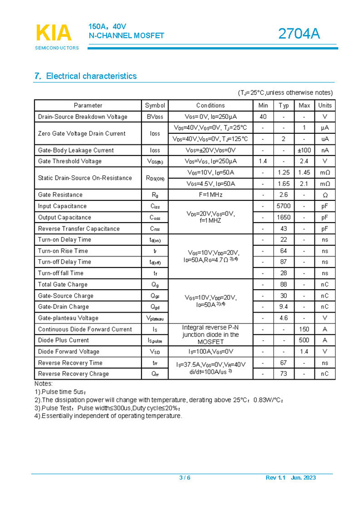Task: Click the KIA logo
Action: pyautogui.click(x=54, y=33)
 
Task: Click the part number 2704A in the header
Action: pyautogui.click(x=299, y=34)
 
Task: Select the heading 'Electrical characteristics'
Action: pyautogui.click(x=90, y=76)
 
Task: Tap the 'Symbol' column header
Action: pyautogui.click(x=155, y=105)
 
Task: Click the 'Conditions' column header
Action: pyautogui.click(x=210, y=105)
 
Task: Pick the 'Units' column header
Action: pyautogui.click(x=325, y=105)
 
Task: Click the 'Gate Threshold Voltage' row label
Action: pyautogui.click(x=70, y=162)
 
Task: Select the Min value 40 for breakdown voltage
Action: pyautogui.click(x=263, y=117)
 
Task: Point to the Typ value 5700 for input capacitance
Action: pyautogui.click(x=283, y=206)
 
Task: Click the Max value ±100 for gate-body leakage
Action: pyautogui.click(x=304, y=150)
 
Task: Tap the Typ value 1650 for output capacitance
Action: pyautogui.click(x=283, y=218)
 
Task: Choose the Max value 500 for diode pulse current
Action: pyautogui.click(x=304, y=340)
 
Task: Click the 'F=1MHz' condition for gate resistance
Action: pyautogui.click(x=210, y=195)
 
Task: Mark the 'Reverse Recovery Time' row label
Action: pyautogui.click(x=70, y=363)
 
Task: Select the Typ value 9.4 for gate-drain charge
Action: pyautogui.click(x=283, y=307)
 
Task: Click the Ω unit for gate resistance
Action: pyautogui.click(x=325, y=195)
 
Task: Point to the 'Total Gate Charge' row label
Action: pyautogui.click(x=63, y=285)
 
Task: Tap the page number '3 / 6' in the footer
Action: pyautogui.click(x=185, y=478)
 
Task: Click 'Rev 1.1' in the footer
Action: pyautogui.click(x=275, y=478)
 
